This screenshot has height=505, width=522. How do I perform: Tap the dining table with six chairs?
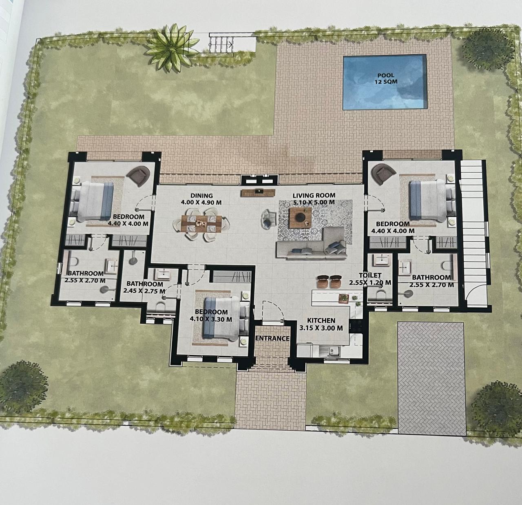pyautogui.click(x=201, y=224)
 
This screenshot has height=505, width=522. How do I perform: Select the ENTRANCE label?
pyautogui.click(x=272, y=338)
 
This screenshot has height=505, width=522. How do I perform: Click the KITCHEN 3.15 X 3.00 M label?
pyautogui.click(x=321, y=324)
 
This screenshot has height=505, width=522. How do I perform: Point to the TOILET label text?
pyautogui.click(x=370, y=275)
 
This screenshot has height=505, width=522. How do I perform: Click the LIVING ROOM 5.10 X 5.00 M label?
pyautogui.click(x=314, y=199)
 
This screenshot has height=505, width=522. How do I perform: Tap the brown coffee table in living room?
pyautogui.click(x=300, y=218)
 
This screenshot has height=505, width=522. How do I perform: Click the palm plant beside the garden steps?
pyautogui.click(x=171, y=47)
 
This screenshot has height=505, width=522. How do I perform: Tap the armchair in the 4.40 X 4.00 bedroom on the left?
pyautogui.click(x=138, y=175)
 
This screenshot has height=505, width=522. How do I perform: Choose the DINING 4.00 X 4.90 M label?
pyautogui.click(x=201, y=199)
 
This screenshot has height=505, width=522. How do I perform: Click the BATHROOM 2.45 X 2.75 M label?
pyautogui.click(x=144, y=287)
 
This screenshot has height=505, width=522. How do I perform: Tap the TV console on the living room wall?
pyautogui.click(x=258, y=193)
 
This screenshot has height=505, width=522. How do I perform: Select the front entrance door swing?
pyautogui.click(x=273, y=311)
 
